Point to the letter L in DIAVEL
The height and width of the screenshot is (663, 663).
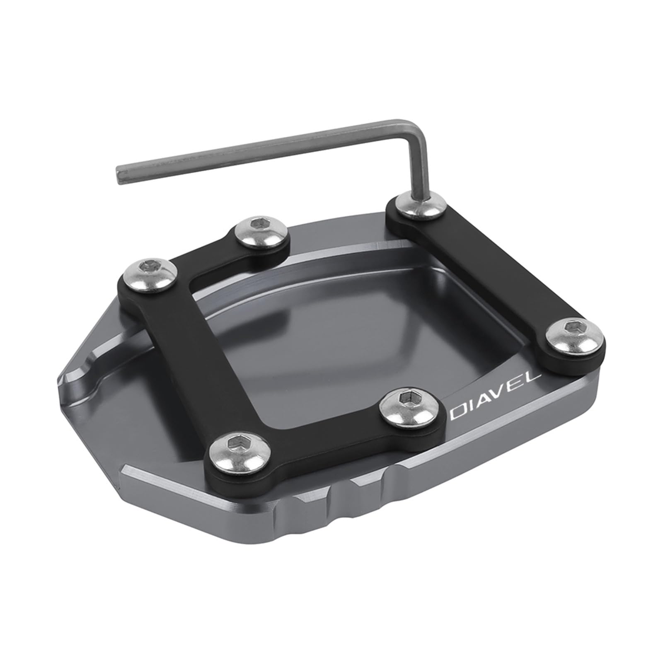point(534,378)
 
